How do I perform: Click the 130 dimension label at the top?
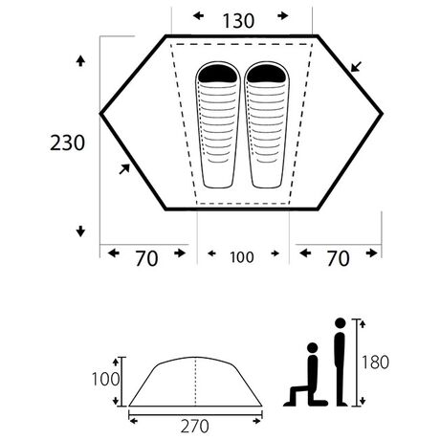[238, 21]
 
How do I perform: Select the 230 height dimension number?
[67, 143]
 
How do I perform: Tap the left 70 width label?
[146, 258]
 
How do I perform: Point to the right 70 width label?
[338, 258]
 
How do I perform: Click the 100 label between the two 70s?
[242, 257]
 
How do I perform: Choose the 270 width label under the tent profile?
[194, 427]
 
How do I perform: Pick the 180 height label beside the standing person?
[375, 363]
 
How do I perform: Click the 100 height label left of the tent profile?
[105, 380]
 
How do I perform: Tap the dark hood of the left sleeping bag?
[218, 74]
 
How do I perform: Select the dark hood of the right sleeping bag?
[267, 74]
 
